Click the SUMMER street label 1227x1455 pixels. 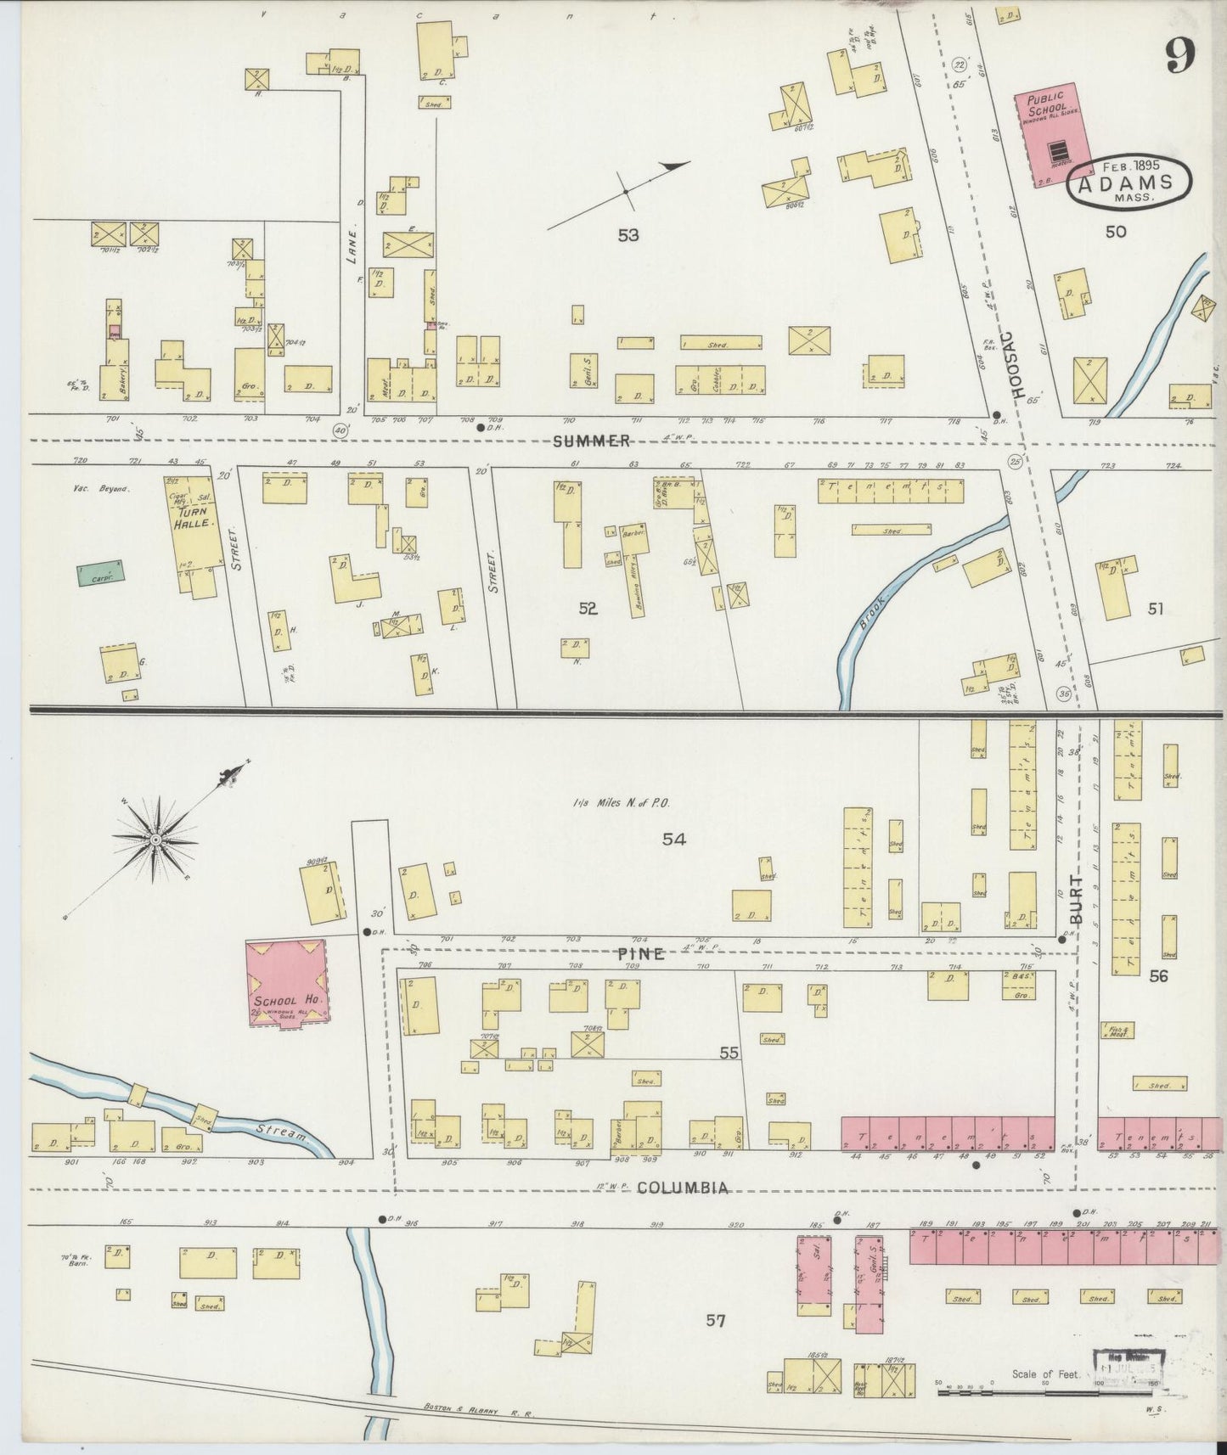tap(592, 441)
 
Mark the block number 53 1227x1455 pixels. tap(628, 235)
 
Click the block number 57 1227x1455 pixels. tap(717, 1320)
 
